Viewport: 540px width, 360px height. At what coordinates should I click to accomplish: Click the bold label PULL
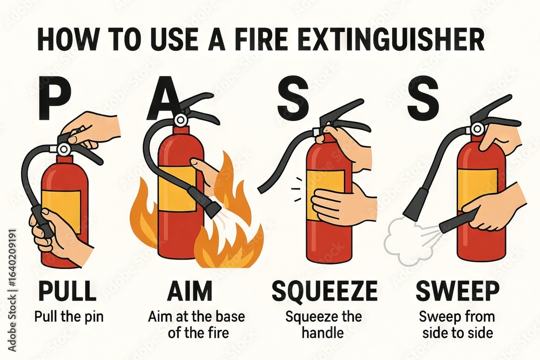[67, 291]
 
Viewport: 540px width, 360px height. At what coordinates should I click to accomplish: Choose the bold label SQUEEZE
[324, 291]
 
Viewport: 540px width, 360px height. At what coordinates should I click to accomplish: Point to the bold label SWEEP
[457, 291]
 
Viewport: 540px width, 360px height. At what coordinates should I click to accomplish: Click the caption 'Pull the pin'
[68, 316]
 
